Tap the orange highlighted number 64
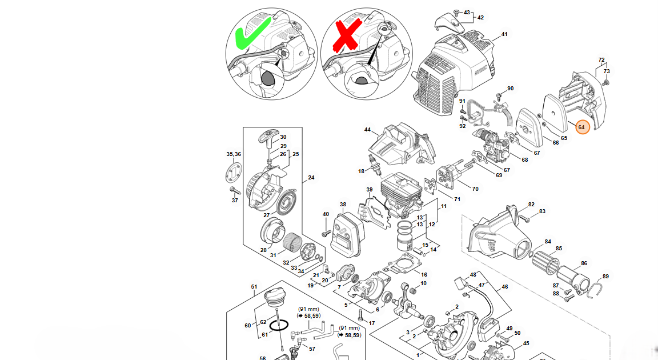(x=581, y=127)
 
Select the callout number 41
(x=504, y=34)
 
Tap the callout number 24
(x=311, y=178)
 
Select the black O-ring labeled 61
(x=279, y=325)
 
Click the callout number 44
(x=367, y=130)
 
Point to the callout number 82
(x=531, y=204)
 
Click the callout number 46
(x=504, y=287)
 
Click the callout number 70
(x=475, y=188)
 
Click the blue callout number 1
(x=417, y=355)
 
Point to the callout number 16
(x=424, y=275)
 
